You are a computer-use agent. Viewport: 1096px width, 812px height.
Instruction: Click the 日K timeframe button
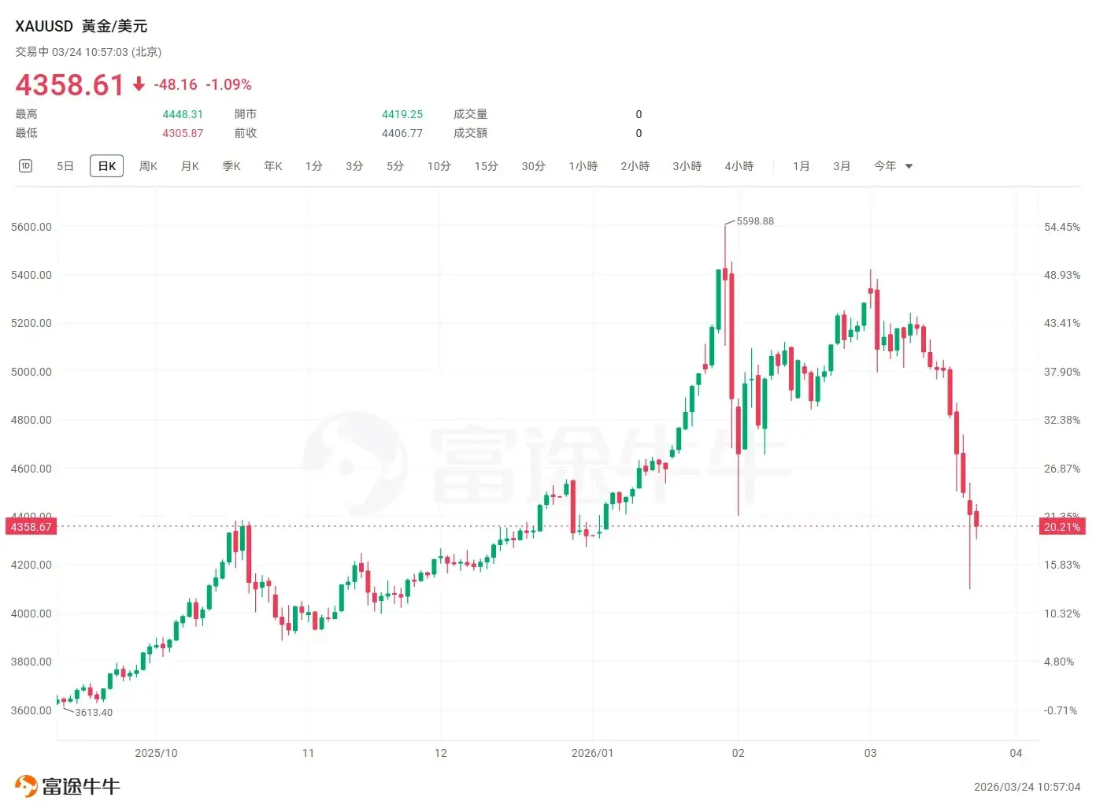[x=107, y=166]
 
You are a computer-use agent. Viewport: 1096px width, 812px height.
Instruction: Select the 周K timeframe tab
[x=148, y=166]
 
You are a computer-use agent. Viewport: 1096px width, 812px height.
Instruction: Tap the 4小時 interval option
[x=739, y=166]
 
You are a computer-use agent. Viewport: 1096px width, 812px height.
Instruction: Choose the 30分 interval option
[x=533, y=166]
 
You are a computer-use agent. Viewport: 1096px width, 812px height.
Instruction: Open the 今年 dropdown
[x=892, y=166]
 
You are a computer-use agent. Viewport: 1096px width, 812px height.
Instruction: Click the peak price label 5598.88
[x=755, y=221]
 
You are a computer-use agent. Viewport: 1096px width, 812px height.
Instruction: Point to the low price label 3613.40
[x=94, y=713]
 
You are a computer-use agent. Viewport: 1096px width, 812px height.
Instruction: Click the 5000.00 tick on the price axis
[x=31, y=372]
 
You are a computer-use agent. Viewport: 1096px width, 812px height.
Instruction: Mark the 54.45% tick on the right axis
[x=1061, y=227]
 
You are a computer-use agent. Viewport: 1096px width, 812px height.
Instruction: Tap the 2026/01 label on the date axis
[x=592, y=754]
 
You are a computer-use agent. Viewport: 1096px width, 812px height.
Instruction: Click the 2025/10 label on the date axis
[x=156, y=754]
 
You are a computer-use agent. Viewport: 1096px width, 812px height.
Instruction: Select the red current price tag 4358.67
[x=31, y=527]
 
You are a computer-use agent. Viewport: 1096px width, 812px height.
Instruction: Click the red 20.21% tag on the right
[x=1061, y=527]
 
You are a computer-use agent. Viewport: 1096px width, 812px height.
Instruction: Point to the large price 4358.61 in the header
[x=70, y=85]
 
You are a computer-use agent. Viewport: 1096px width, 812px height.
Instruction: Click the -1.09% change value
[x=228, y=85]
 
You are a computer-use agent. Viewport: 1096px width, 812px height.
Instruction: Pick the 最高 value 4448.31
[x=183, y=114]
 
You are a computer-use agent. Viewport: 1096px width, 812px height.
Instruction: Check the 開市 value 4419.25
[x=402, y=114]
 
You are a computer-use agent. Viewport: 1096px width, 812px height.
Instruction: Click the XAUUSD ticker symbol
[x=44, y=26]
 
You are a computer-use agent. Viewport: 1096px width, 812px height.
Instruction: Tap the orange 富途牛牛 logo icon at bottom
[x=26, y=786]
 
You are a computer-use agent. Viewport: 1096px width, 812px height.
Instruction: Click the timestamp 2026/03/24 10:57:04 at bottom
[x=1027, y=787]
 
